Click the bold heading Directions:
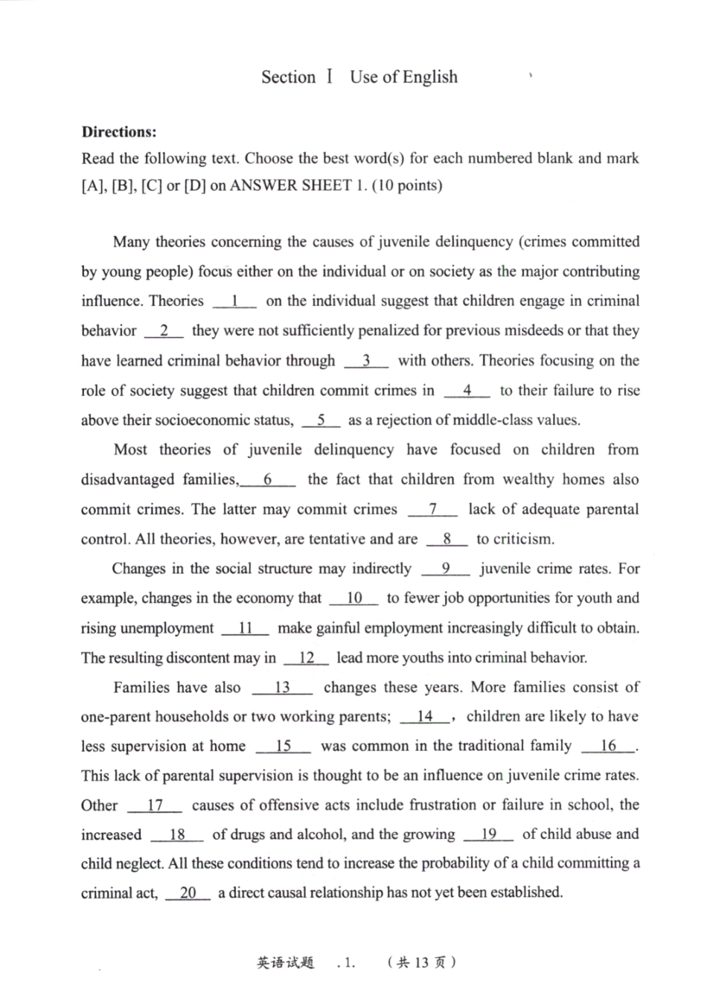coord(119,132)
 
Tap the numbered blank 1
coord(234,301)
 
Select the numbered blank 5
coord(321,421)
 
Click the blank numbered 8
coord(447,540)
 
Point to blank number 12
coord(306,658)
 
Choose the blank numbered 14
coord(425,717)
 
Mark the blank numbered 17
coord(155,805)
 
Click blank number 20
coord(188,893)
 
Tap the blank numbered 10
coord(354,598)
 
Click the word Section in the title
coord(288,77)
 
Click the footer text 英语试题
coord(286,962)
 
